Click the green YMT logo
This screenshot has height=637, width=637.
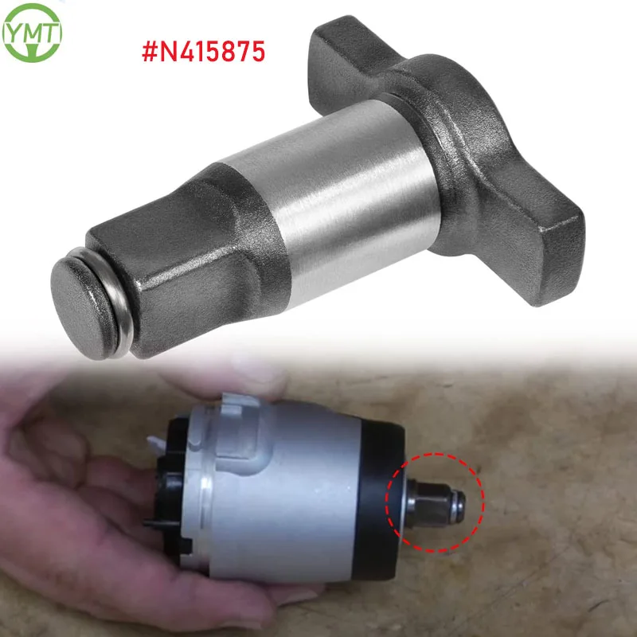coord(32,33)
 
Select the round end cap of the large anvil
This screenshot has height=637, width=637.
coord(77,290)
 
